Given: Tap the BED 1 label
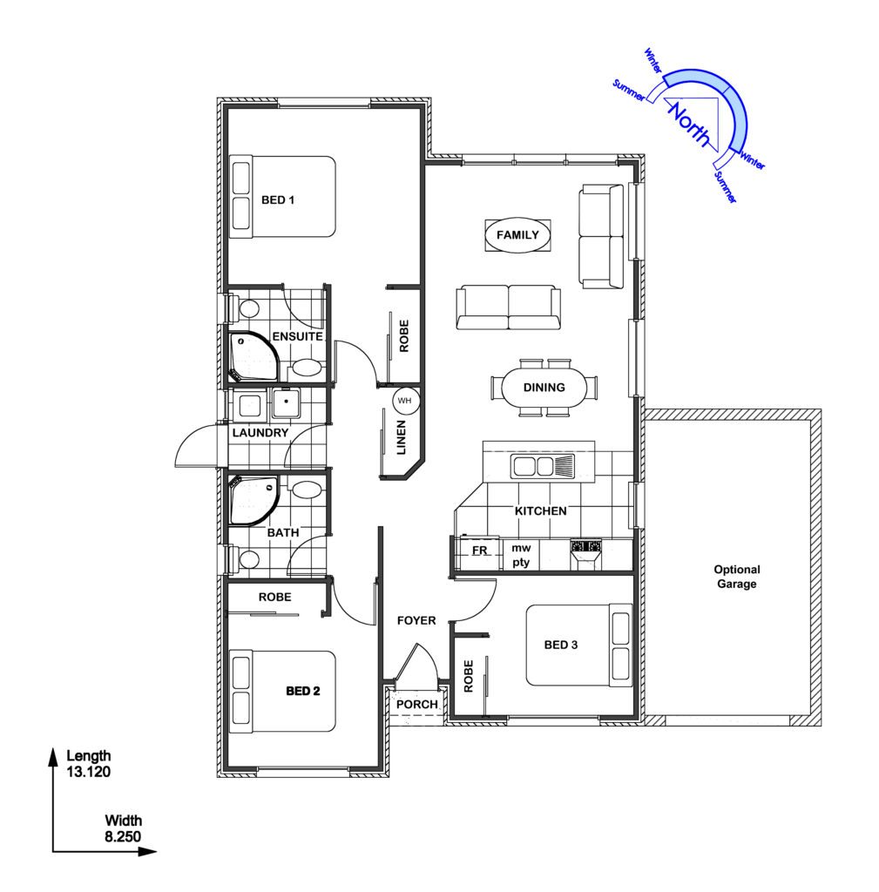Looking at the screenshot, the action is coord(278,199).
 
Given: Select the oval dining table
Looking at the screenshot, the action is coord(544,388).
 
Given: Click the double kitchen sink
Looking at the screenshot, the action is coord(543,466).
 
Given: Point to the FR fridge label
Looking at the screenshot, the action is coord(480,551).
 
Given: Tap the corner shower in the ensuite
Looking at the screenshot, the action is coord(254,356).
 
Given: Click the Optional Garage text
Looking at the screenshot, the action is coord(737,577).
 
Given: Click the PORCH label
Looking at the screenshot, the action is coord(417,704).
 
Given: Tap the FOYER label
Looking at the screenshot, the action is coord(416,620).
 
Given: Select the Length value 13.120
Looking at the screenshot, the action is coord(88,772).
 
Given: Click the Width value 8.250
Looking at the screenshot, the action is coord(123,837).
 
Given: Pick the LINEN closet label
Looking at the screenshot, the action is coord(401,437).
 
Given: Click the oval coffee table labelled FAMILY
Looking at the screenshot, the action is coord(517,235).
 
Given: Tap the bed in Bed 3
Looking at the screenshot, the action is coord(578,645).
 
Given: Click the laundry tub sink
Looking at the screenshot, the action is coord(286,402).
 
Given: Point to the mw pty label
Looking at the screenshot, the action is coord(521,555).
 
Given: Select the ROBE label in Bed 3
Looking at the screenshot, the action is coord(468,676).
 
